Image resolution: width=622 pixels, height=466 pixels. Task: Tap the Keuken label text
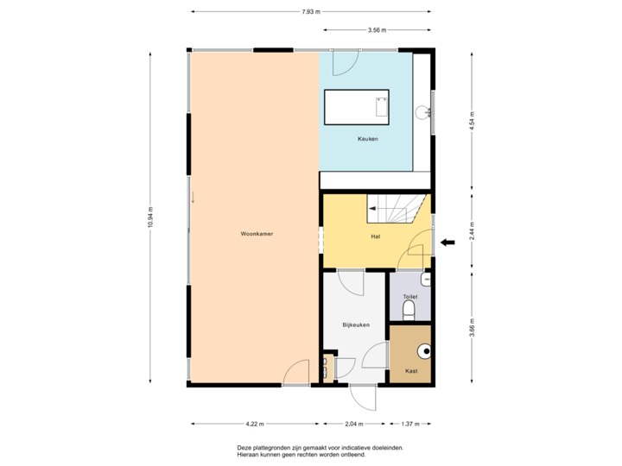[x=368, y=139]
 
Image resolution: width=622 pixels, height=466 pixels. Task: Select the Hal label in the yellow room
[x=375, y=236]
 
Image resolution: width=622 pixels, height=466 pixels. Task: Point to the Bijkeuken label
[x=356, y=324]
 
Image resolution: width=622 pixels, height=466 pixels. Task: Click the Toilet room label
[x=409, y=296]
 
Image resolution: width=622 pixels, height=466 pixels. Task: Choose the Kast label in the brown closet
[x=411, y=371]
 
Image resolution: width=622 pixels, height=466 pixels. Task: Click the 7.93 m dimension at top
[x=310, y=12]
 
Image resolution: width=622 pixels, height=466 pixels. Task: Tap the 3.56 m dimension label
[x=377, y=29]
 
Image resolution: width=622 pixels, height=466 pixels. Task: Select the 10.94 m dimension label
[x=150, y=217]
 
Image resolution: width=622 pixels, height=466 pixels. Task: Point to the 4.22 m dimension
[x=255, y=424]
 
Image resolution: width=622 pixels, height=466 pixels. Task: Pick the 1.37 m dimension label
[x=410, y=424]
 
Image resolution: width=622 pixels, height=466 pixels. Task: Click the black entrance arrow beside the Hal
[x=448, y=243]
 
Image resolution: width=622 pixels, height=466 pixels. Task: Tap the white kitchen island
[x=357, y=107]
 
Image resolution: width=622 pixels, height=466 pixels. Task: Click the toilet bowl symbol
[x=410, y=309]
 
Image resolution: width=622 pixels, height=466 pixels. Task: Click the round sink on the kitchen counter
[x=422, y=111]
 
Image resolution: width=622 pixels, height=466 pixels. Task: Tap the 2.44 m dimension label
[x=472, y=230]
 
